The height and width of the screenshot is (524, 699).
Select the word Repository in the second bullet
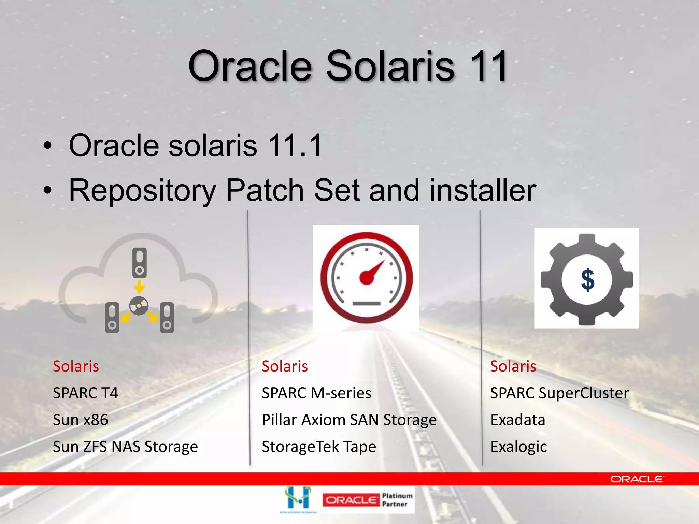tap(142, 190)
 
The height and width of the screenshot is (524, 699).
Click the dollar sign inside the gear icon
tap(588, 280)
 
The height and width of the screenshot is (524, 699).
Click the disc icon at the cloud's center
tap(139, 306)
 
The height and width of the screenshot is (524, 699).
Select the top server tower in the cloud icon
tap(139, 262)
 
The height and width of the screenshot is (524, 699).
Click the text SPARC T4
tap(85, 393)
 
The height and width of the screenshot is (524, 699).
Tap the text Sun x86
tap(81, 420)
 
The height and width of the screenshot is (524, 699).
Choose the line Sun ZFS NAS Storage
tap(125, 447)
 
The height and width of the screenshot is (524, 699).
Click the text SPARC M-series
tap(316, 393)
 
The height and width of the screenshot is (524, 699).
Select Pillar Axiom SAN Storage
tap(349, 420)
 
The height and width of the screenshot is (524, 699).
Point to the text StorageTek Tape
tap(319, 447)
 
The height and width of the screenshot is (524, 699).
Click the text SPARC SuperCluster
tap(559, 393)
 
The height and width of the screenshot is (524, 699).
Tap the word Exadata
tap(518, 420)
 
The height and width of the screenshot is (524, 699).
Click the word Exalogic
tap(518, 447)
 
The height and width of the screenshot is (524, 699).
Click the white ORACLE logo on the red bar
tap(637, 479)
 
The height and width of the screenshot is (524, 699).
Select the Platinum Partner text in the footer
tap(397, 500)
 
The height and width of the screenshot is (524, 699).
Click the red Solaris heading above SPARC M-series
tap(285, 366)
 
